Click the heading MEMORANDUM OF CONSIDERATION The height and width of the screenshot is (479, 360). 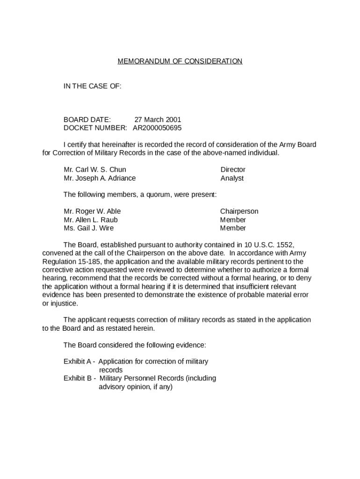[x=180, y=61]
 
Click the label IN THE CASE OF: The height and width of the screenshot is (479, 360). [x=93, y=86]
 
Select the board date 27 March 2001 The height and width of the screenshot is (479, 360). [x=158, y=120]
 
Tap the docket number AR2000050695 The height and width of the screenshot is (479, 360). [x=157, y=128]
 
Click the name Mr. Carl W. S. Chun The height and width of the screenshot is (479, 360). [x=95, y=170]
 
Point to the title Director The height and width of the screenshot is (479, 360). [x=233, y=170]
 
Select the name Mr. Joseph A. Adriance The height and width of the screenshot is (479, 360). [x=100, y=178]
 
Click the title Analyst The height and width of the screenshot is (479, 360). [x=232, y=178]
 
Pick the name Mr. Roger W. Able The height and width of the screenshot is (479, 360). [x=92, y=211]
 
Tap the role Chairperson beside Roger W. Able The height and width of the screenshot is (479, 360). [x=239, y=211]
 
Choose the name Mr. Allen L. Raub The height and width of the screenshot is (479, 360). [x=91, y=220]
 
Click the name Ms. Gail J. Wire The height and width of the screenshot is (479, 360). [x=89, y=228]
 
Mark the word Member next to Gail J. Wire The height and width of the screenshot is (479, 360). [x=233, y=228]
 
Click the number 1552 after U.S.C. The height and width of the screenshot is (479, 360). [x=285, y=245]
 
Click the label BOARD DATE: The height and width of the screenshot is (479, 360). [x=87, y=120]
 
